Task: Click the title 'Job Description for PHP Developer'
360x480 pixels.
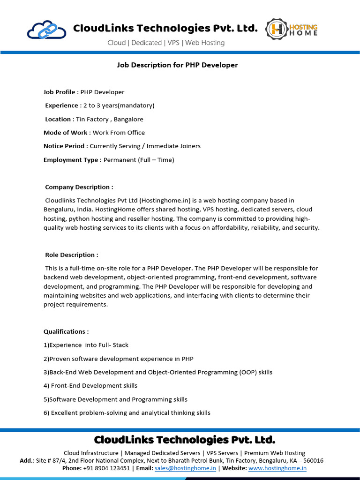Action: [177, 65]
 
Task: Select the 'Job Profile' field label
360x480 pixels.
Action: [59, 92]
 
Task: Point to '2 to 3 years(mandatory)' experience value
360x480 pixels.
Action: [119, 105]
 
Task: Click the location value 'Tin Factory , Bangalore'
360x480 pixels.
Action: [110, 119]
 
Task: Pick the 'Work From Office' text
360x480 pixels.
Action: [119, 133]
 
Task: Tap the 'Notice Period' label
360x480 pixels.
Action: [64, 146]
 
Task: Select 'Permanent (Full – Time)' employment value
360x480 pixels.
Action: [139, 160]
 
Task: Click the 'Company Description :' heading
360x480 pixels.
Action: [79, 187]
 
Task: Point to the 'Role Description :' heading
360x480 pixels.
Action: [71, 255]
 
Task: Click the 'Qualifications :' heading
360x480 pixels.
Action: [66, 331]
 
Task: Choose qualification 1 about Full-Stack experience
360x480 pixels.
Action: [86, 345]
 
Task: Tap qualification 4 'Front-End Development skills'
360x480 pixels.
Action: [90, 386]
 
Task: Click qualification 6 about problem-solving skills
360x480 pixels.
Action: [127, 413]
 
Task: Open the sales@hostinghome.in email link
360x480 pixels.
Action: [185, 468]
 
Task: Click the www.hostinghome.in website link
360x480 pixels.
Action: [277, 468]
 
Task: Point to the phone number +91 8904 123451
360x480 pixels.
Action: [107, 468]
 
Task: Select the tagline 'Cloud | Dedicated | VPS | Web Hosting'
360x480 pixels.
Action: [166, 43]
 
